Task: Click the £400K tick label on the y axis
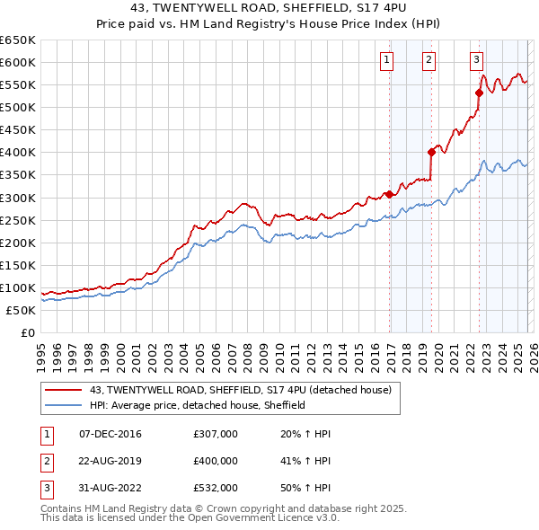click(18, 153)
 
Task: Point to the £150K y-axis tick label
click(18, 265)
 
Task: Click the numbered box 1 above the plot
click(386, 60)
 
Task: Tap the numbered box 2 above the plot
click(429, 60)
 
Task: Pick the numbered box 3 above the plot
click(476, 60)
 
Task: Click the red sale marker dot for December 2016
click(388, 194)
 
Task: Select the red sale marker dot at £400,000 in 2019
click(431, 152)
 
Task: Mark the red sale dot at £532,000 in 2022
click(479, 93)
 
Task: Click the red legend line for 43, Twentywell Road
click(64, 391)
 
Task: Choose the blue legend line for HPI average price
click(64, 405)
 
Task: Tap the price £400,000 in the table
click(216, 461)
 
